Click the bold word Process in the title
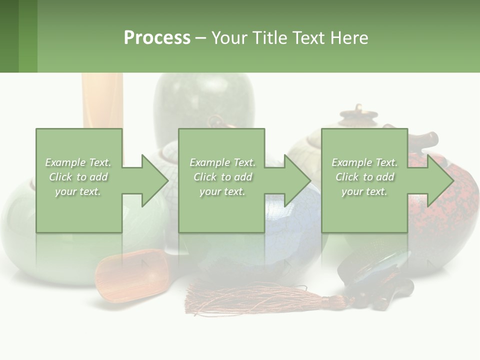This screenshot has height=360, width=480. [x=157, y=38]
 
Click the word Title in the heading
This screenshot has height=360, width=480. [x=268, y=38]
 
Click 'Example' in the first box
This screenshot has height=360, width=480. [x=65, y=162]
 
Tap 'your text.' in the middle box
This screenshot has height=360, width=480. [x=222, y=191]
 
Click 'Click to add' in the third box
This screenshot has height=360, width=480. [x=364, y=177]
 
